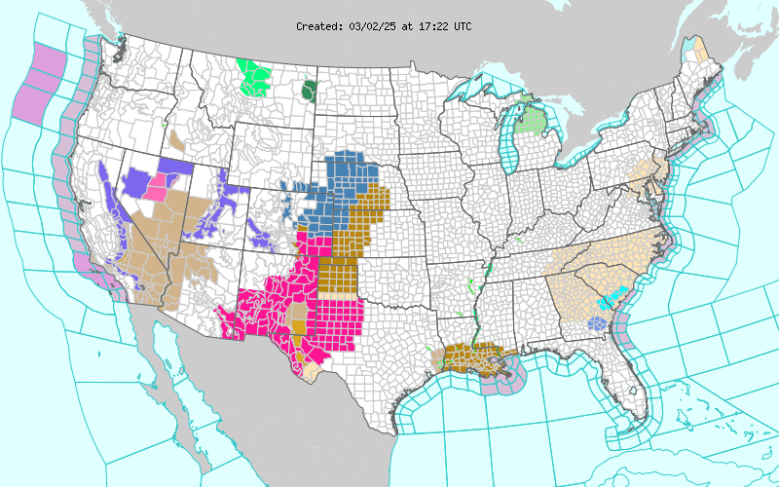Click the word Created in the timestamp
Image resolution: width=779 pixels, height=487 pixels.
pos(319,26)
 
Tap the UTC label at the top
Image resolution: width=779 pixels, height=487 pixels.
pos(462,26)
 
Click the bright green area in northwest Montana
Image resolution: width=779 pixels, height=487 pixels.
pos(256,78)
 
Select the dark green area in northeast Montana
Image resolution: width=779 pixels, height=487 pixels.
pos(310,92)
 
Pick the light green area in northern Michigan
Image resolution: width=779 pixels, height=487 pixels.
pos(530,121)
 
